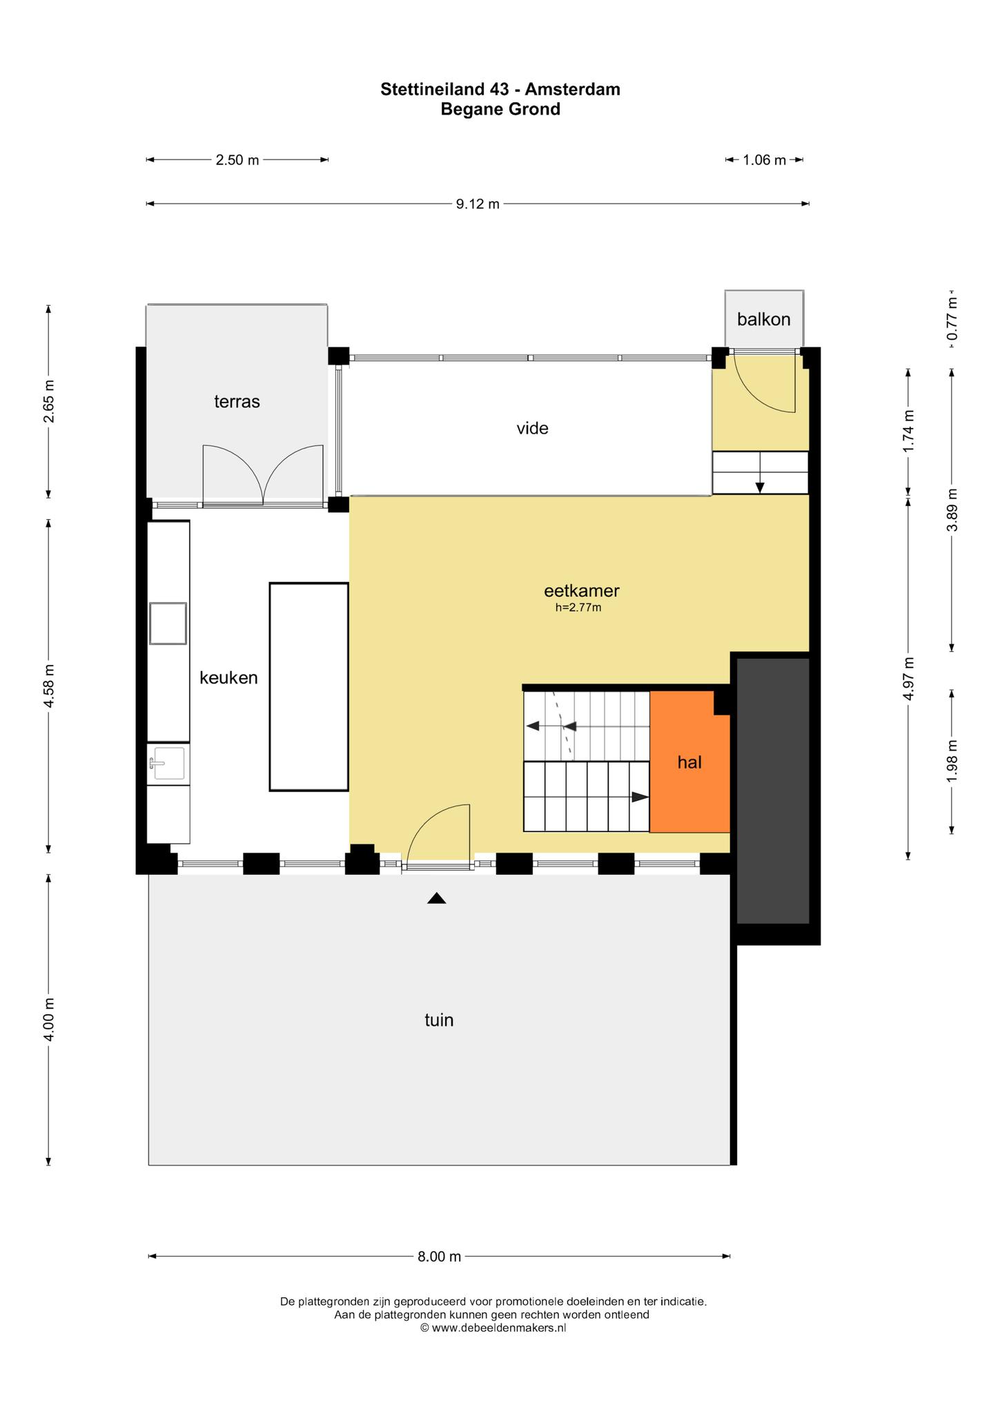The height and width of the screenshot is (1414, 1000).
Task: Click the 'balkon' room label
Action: [x=763, y=320]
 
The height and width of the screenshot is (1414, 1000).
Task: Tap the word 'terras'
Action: [x=237, y=402]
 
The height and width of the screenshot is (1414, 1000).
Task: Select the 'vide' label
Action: [x=532, y=429]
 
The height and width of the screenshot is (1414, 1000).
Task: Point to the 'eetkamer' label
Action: [x=582, y=591]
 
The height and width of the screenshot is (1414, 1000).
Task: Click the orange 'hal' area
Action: [x=689, y=762]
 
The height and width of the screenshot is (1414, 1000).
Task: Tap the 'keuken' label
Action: [x=228, y=678]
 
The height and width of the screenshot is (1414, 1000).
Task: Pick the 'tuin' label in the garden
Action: [x=439, y=1020]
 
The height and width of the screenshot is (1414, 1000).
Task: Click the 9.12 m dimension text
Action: [x=478, y=204]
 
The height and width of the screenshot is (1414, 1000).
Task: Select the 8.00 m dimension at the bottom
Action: [x=439, y=1257]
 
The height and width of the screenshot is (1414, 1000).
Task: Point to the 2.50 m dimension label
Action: [x=237, y=160]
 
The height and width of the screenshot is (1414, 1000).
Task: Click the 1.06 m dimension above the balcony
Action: [x=764, y=160]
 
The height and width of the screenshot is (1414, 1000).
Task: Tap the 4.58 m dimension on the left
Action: [x=48, y=686]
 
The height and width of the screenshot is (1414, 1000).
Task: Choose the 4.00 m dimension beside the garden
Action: [x=48, y=1020]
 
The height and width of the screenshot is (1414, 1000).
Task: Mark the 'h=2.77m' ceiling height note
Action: [x=578, y=608]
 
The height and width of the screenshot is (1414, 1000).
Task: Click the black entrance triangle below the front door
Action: [x=436, y=898]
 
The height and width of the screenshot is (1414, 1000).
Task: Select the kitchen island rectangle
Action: [x=308, y=687]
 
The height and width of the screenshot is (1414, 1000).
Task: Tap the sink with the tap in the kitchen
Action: [x=168, y=763]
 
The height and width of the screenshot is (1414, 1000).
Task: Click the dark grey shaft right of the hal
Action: [x=773, y=791]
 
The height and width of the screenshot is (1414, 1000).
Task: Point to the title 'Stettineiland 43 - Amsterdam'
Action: [x=500, y=89]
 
